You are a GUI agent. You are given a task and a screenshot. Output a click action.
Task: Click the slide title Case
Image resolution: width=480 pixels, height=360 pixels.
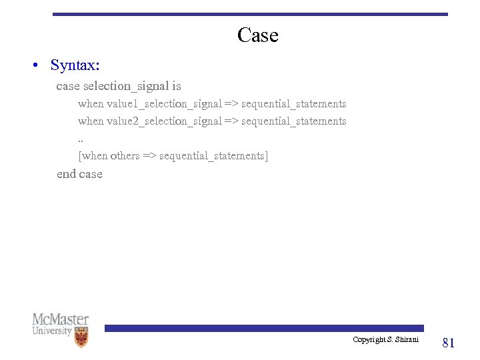tap(257, 35)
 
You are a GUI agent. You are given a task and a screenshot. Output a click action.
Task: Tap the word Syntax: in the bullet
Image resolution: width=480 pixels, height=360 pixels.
tap(75, 65)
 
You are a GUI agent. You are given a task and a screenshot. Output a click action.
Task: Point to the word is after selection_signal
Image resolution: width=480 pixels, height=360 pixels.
tap(177, 86)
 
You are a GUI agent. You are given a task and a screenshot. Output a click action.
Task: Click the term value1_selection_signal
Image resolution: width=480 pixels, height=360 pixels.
tap(164, 104)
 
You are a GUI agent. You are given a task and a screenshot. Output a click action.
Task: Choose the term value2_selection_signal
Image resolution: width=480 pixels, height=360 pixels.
tap(164, 121)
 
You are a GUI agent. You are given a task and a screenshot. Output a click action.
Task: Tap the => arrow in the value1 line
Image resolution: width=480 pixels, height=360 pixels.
tap(231, 104)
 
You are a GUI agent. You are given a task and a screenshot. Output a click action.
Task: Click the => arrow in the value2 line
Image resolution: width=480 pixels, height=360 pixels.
tap(231, 121)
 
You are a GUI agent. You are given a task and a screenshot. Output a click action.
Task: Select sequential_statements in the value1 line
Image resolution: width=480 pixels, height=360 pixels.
tap(294, 104)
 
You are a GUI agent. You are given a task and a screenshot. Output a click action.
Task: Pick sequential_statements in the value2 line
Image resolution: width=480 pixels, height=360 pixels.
tap(294, 121)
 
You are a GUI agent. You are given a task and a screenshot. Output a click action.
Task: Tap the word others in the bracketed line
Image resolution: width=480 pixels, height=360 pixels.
tap(125, 156)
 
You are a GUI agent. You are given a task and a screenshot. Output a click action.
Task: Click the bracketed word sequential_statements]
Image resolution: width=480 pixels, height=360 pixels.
tap(214, 156)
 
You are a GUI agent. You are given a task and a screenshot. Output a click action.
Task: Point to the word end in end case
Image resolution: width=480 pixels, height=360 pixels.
tap(66, 174)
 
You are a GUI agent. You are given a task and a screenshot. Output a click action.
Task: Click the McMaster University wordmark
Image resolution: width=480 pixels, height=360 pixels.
tap(60, 324)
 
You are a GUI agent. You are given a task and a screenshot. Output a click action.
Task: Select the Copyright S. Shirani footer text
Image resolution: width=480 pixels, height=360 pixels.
tap(386, 340)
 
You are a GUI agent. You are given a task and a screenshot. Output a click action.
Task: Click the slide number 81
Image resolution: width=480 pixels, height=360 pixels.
tap(449, 343)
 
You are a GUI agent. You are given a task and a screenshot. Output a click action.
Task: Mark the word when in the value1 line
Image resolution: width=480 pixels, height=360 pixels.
tap(91, 104)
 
